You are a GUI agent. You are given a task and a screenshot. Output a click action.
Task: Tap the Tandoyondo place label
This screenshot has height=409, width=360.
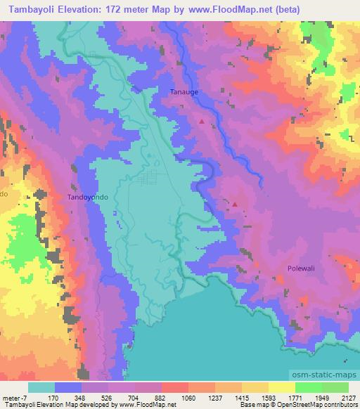(x=88, y=197)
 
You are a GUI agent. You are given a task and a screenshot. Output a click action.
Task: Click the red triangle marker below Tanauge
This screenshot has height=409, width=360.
(x=202, y=121)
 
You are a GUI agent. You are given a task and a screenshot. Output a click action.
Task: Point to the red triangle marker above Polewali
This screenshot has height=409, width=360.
(x=235, y=205)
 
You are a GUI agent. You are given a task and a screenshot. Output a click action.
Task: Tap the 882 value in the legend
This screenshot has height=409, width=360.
(x=161, y=397)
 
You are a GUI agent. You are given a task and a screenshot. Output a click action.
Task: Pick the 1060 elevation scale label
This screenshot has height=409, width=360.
(x=188, y=397)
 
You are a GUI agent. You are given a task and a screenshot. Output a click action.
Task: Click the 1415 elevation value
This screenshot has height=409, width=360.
(x=241, y=397)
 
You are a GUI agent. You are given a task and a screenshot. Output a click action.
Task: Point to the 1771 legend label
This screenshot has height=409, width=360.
(x=294, y=397)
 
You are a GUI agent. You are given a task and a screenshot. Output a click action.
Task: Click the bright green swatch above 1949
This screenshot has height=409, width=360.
(x=308, y=387)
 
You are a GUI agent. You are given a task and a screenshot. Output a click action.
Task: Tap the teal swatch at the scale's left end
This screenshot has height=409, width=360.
(x=42, y=387)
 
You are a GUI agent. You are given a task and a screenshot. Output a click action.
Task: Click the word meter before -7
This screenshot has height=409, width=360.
(x=13, y=397)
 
